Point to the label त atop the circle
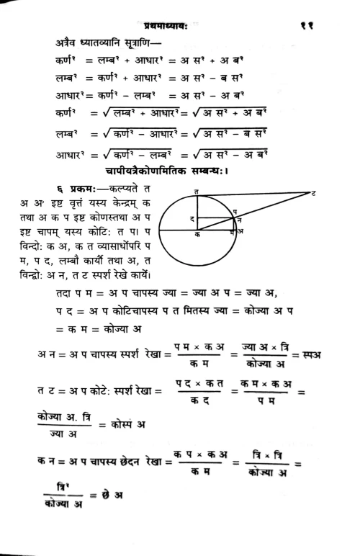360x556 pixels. [x=198, y=189]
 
